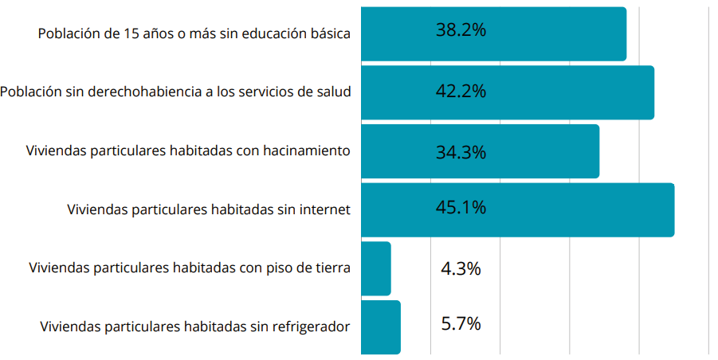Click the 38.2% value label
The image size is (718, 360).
461,31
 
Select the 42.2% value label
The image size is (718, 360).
461,91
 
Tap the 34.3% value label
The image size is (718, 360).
461,151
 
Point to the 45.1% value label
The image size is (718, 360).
461,208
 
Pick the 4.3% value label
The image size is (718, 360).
461,268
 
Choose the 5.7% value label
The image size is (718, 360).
461,324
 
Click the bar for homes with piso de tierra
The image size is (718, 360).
375,268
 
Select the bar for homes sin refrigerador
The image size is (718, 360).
380,327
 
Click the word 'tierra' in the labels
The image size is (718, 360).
331,268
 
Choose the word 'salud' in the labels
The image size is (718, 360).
333,92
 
